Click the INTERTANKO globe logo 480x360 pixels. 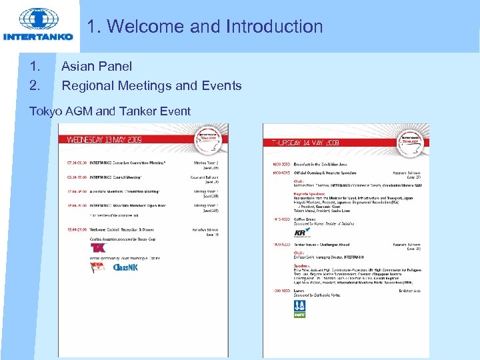(38, 20)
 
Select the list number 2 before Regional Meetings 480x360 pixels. (34, 86)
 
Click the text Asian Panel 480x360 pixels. (97, 66)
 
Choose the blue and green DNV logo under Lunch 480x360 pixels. (300, 307)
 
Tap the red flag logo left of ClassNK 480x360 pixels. (97, 267)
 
